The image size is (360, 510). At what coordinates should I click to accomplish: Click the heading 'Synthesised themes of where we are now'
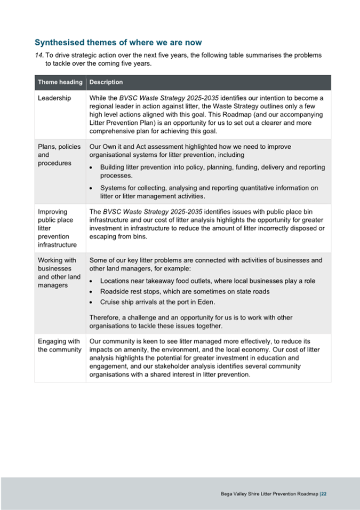(118, 42)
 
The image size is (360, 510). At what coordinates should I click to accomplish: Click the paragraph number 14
(39, 55)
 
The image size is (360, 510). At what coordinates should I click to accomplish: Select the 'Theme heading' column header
(60, 82)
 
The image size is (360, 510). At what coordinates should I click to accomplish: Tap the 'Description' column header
(106, 82)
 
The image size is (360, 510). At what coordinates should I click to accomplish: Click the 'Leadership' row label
(54, 98)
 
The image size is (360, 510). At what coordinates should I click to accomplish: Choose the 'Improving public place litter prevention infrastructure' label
(57, 228)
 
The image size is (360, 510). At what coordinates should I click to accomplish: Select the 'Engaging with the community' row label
(59, 345)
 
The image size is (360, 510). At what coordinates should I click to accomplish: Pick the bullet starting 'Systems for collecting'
(209, 192)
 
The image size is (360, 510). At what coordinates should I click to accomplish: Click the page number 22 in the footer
(324, 494)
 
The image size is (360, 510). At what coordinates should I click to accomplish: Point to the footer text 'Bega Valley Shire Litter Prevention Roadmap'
(269, 494)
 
